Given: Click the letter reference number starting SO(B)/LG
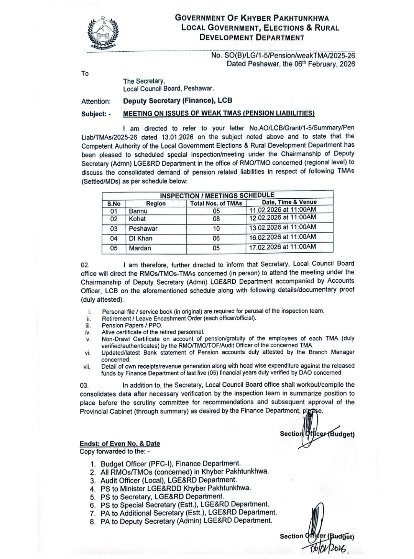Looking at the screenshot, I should click(283, 56).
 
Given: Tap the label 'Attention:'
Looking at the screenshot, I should click(96, 101).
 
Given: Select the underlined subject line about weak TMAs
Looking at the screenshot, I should click(219, 113).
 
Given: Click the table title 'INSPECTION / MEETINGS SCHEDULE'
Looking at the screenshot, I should click(217, 195).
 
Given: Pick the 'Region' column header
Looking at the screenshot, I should click(156, 203).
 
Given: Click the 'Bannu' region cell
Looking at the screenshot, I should click(138, 211).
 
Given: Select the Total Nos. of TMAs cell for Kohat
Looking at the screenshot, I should click(216, 219).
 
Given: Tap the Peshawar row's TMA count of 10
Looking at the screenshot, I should click(216, 229).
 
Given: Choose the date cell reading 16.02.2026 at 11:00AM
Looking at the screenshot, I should click(283, 237).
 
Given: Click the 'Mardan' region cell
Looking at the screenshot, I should click(140, 248).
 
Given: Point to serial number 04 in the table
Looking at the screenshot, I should click(114, 238).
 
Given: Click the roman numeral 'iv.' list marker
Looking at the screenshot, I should click(88, 332).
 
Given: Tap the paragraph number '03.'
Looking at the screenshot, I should click(84, 385).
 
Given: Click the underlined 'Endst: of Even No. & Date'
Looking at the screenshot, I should click(120, 443).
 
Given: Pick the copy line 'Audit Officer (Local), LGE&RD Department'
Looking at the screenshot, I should click(169, 480).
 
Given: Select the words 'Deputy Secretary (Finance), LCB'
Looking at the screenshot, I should click(177, 101).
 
